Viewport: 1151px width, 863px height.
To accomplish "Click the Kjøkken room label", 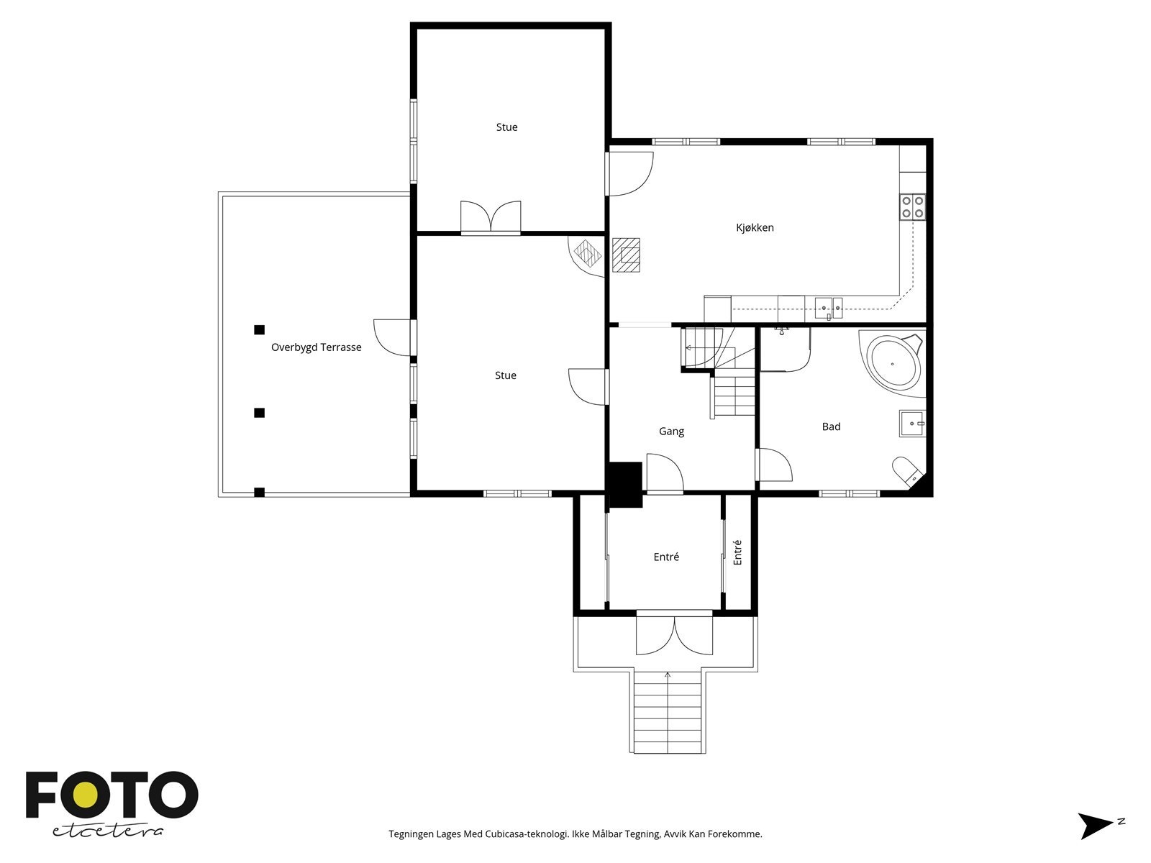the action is click(x=755, y=228).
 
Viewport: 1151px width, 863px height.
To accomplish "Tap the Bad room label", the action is click(x=831, y=426).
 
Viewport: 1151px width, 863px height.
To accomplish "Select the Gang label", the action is click(x=671, y=431).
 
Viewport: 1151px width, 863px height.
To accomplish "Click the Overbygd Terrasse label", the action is click(x=317, y=347).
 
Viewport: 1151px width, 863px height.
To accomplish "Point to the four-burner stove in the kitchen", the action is click(x=912, y=206).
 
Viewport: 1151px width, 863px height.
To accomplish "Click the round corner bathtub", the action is click(x=893, y=362).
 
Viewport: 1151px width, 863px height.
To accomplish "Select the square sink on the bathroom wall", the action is click(x=912, y=424).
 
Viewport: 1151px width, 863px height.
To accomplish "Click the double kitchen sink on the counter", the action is click(x=829, y=308).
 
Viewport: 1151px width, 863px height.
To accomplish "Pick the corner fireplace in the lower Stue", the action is click(x=586, y=256).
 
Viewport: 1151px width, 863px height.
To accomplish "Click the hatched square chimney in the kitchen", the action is click(x=626, y=255).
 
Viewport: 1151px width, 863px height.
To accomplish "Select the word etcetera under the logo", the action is click(x=108, y=831).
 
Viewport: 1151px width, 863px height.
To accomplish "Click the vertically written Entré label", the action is click(x=737, y=552).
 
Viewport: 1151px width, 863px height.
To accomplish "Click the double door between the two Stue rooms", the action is click(x=491, y=217).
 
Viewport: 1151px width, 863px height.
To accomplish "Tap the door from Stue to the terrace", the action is click(x=394, y=337).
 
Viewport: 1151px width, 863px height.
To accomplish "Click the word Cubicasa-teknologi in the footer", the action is click(x=527, y=834).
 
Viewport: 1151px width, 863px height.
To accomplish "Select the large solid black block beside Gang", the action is click(x=624, y=485).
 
